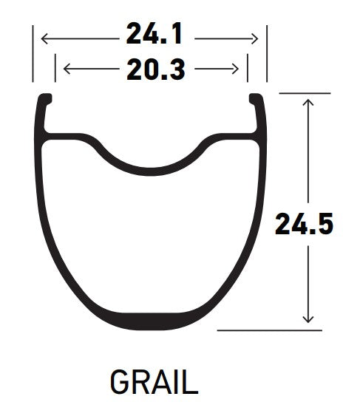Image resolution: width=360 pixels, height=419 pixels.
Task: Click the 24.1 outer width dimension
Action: [154, 35]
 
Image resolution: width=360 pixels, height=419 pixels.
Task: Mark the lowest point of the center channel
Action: [151, 165]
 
